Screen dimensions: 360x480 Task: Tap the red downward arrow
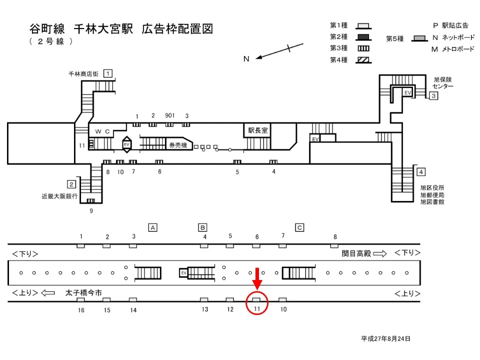click(x=257, y=279)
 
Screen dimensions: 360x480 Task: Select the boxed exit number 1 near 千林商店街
click(x=107, y=73)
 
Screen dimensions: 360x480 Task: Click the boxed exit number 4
click(x=421, y=172)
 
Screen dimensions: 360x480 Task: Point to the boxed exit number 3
click(x=433, y=95)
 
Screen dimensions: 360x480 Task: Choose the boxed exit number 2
click(x=71, y=183)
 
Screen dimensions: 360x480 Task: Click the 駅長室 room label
click(x=258, y=130)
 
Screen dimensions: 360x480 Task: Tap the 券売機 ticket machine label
click(x=177, y=145)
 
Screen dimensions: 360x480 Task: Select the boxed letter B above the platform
click(x=202, y=227)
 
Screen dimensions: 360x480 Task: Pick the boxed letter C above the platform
click(x=299, y=227)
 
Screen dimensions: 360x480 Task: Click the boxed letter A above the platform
click(x=153, y=227)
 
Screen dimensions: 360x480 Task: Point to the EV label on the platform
click(x=183, y=273)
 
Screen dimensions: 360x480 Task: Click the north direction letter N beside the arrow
click(x=246, y=58)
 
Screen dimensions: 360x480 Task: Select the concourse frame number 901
click(x=170, y=115)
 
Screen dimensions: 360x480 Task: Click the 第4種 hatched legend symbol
click(x=363, y=60)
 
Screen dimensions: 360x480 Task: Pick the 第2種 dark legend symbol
click(x=363, y=36)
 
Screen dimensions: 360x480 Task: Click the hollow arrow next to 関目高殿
click(x=379, y=253)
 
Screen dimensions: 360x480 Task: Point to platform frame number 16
click(x=81, y=310)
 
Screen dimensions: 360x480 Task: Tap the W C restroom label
click(x=102, y=131)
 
